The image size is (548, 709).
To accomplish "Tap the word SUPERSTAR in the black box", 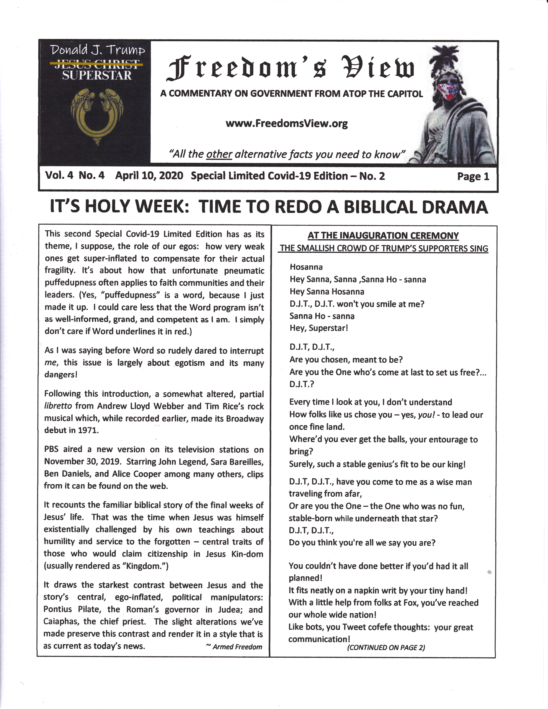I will click(97, 76).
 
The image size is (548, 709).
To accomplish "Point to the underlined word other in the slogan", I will click(219, 154).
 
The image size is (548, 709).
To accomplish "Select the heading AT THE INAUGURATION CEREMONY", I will click(383, 235).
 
